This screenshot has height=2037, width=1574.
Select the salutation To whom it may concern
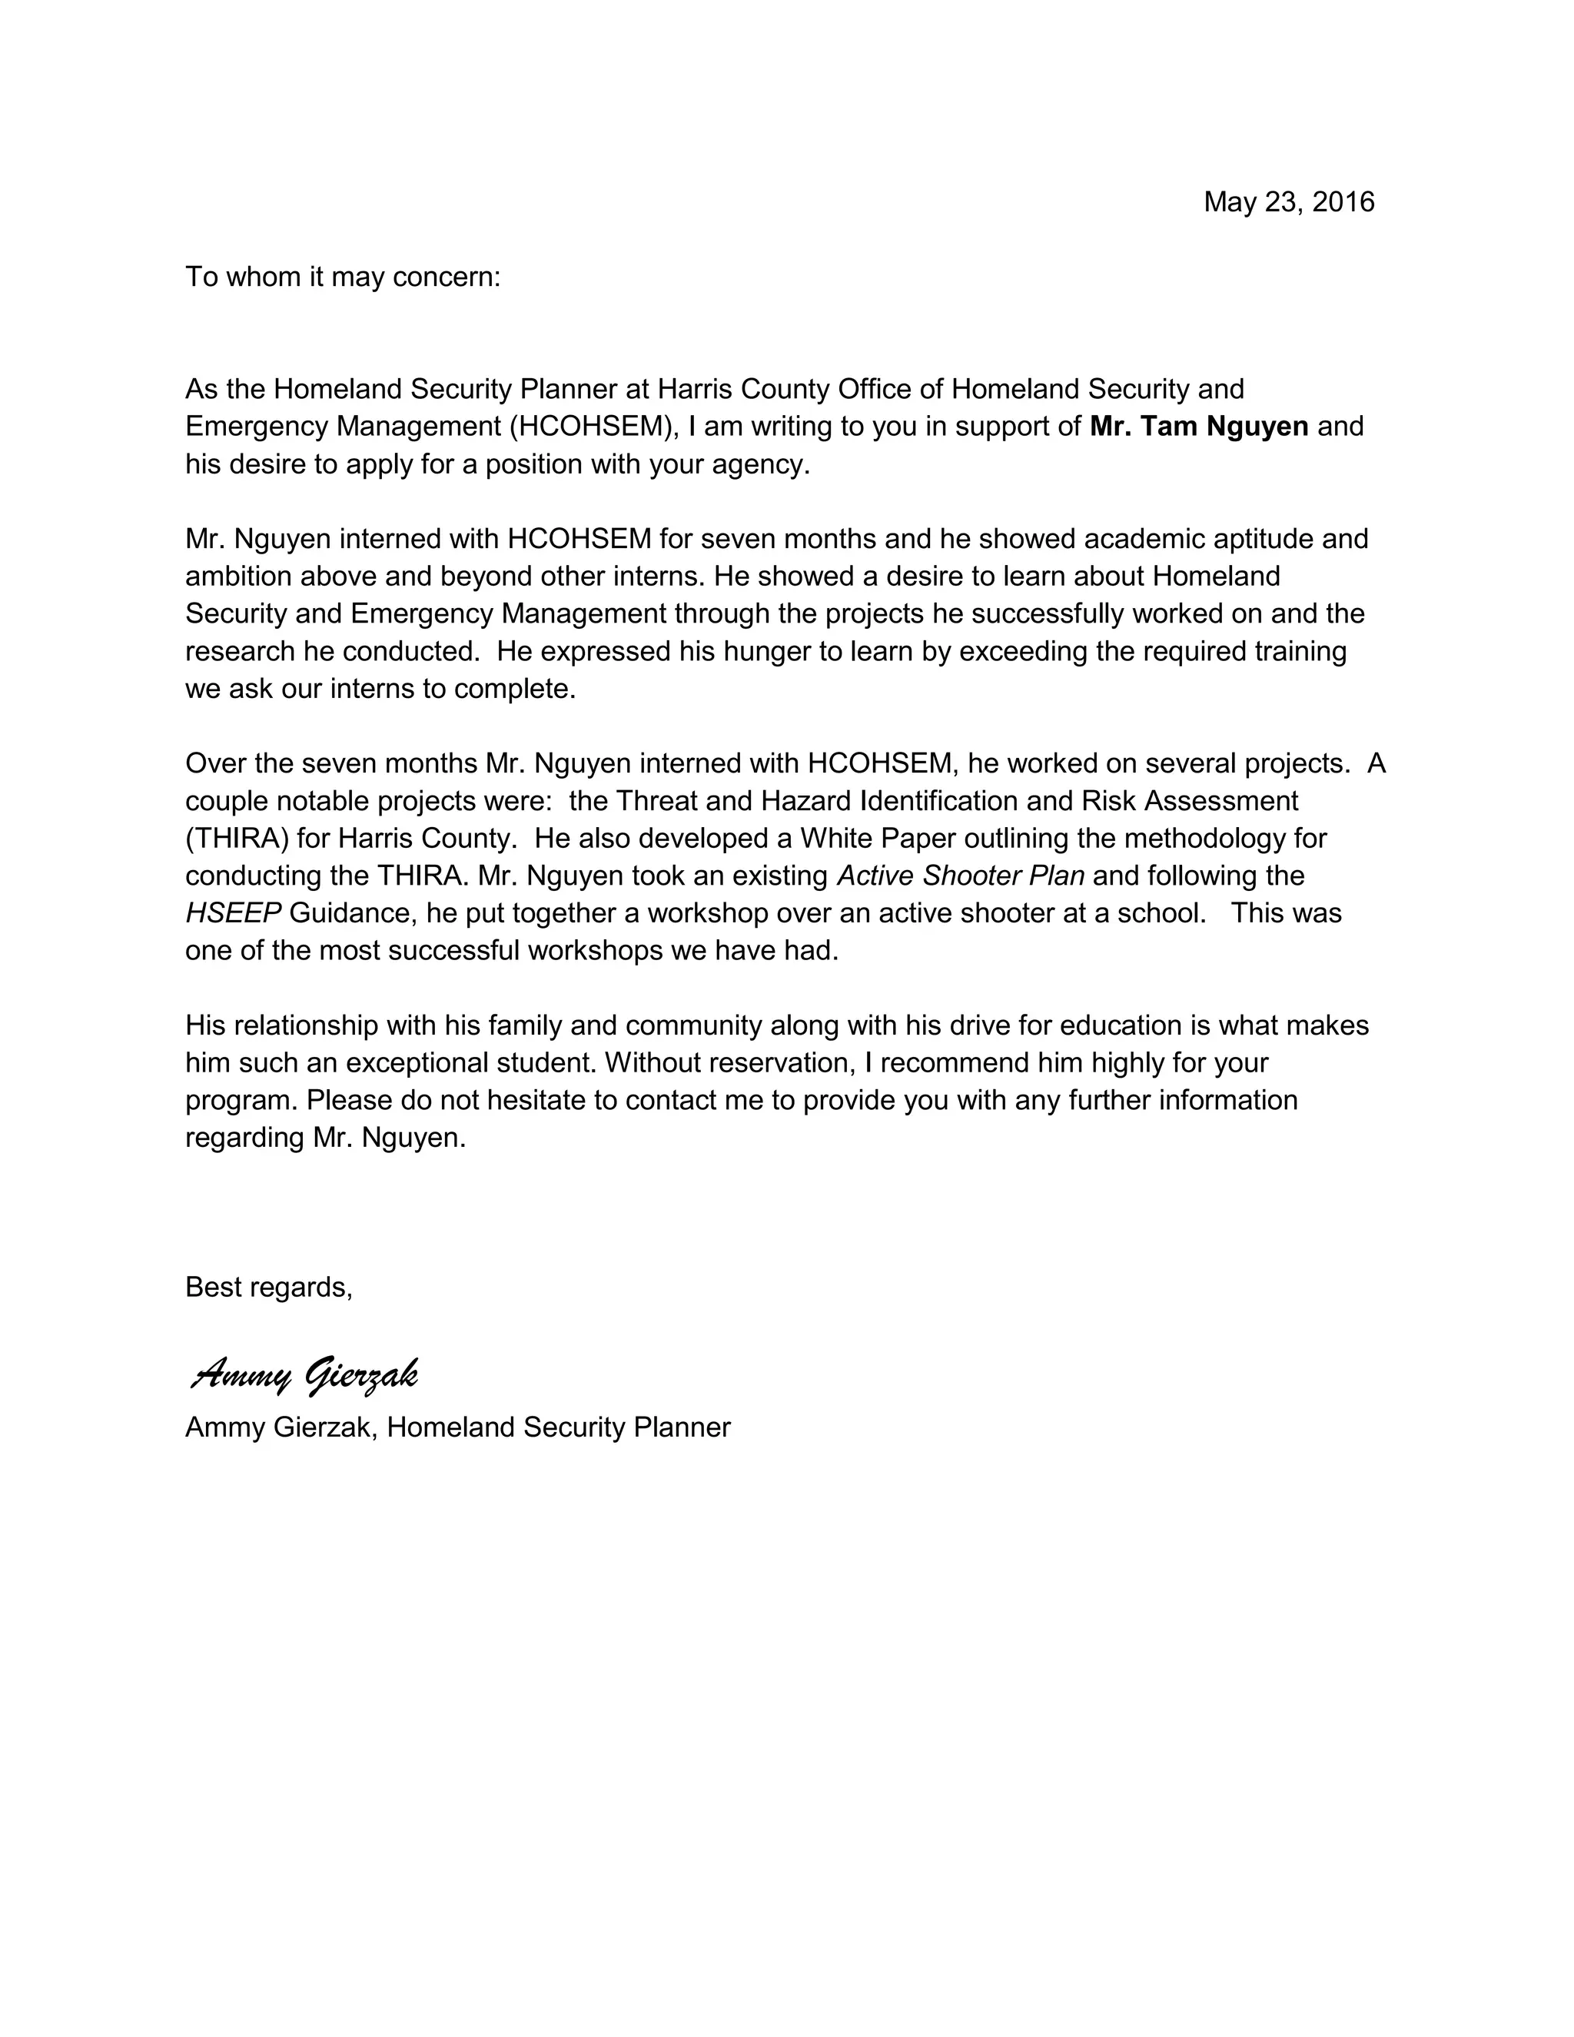tap(342, 277)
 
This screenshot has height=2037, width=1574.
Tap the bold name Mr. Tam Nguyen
tap(1198, 427)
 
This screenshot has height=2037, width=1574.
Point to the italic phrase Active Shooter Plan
tap(961, 876)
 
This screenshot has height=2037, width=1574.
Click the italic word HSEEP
tap(233, 913)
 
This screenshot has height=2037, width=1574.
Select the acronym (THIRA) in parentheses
tap(237, 839)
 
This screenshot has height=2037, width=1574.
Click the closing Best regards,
tap(268, 1287)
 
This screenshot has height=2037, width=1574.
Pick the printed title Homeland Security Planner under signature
tap(559, 1427)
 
